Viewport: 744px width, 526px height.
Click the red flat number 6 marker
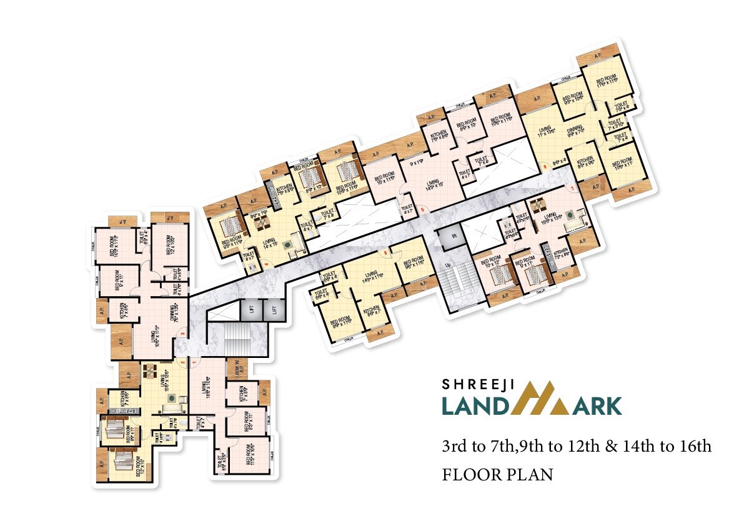pyautogui.click(x=545, y=166)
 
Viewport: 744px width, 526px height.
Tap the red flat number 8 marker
pyautogui.click(x=385, y=253)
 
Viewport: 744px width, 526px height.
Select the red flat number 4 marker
pyautogui.click(x=267, y=264)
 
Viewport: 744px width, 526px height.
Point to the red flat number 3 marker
pyautogui.click(x=182, y=334)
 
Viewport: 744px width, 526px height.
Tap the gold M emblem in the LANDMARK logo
pyautogui.click(x=544, y=399)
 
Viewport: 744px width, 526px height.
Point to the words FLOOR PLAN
pyautogui.click(x=497, y=475)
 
